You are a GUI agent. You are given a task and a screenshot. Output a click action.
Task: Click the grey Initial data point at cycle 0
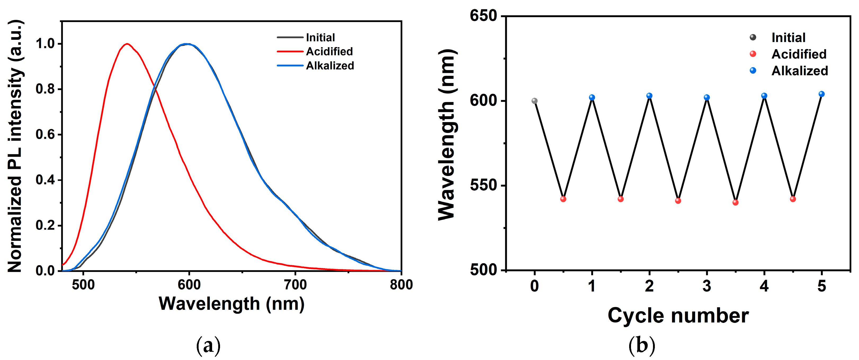pyautogui.click(x=535, y=101)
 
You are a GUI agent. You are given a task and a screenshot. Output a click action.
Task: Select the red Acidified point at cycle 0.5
pyautogui.click(x=563, y=199)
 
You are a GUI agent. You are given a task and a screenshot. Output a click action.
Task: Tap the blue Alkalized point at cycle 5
pyautogui.click(x=822, y=94)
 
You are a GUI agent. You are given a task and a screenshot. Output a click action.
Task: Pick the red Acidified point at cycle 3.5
pyautogui.click(x=736, y=202)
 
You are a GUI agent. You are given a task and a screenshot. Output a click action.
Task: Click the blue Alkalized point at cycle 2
pyautogui.click(x=649, y=96)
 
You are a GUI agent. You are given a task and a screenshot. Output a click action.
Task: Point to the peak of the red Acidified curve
pyautogui.click(x=127, y=44)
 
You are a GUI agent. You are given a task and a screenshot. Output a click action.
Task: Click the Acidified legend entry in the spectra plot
pyautogui.click(x=329, y=51)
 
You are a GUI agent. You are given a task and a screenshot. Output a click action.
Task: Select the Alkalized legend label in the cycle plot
pyautogui.click(x=800, y=71)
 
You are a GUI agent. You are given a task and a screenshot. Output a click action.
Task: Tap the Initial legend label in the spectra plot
pyautogui.click(x=320, y=37)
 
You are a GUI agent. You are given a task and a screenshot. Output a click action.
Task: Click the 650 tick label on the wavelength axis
pyautogui.click(x=483, y=16)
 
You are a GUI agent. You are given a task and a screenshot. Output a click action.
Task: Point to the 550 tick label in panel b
pyautogui.click(x=483, y=185)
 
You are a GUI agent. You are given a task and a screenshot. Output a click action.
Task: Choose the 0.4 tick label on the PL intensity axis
pyautogui.click(x=45, y=180)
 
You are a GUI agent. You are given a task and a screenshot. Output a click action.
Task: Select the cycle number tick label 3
pyautogui.click(x=706, y=286)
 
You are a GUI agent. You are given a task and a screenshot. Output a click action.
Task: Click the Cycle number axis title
pyautogui.click(x=678, y=315)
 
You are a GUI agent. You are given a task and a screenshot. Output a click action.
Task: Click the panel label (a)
pyautogui.click(x=208, y=346)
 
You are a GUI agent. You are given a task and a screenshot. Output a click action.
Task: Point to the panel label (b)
pyautogui.click(x=642, y=346)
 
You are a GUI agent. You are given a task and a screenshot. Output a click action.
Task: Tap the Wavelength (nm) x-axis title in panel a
pyautogui.click(x=231, y=304)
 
